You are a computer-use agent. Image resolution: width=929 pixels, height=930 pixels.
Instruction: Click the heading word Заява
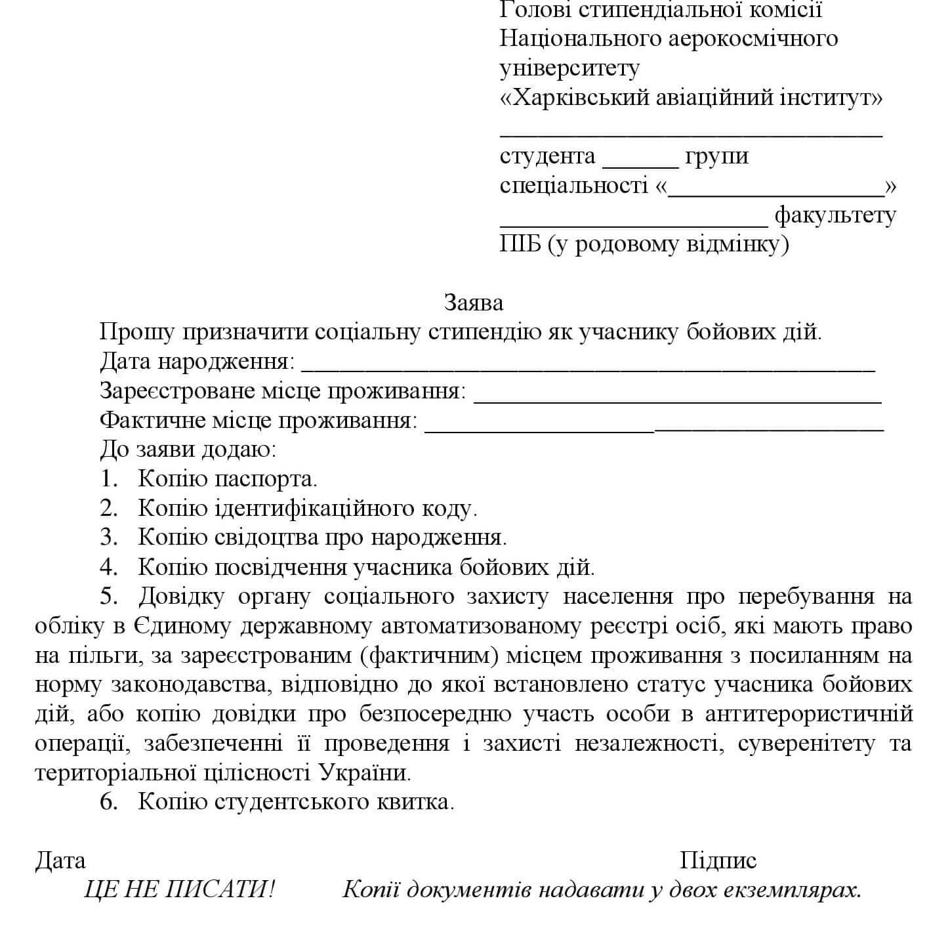coord(474,303)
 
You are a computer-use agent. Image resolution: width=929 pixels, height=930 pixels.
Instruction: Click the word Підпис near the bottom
coord(718,860)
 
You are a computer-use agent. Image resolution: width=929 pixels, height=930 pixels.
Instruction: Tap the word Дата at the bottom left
coord(60,860)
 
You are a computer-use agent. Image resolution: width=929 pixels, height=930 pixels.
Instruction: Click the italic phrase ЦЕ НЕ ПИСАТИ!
coord(180,890)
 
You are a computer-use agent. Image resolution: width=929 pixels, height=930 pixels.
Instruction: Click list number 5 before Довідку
coord(108,597)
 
